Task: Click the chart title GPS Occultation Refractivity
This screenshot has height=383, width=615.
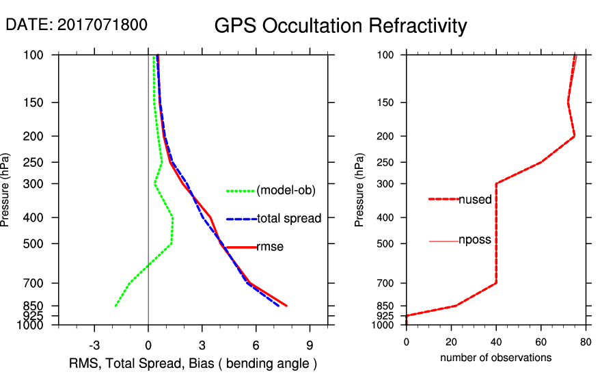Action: coord(340,26)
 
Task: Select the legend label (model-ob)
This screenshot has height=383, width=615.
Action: coord(286,191)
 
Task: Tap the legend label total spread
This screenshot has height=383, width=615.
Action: coord(289,219)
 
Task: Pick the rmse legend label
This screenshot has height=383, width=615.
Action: coord(270,247)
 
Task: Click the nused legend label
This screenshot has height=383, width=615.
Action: coord(475,199)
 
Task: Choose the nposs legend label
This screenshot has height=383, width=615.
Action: coord(475,241)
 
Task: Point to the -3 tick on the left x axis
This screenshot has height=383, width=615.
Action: coord(94,345)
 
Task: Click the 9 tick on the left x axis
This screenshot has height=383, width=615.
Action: coord(310,345)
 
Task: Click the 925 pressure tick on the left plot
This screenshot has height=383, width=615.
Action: coord(33,316)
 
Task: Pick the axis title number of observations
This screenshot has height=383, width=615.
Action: coord(495,357)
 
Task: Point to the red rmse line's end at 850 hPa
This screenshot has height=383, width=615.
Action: coord(286,306)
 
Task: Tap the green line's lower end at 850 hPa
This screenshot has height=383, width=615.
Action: coord(115,306)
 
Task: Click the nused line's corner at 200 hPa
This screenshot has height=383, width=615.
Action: coord(574,136)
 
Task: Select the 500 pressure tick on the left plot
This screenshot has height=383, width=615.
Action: coord(33,243)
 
